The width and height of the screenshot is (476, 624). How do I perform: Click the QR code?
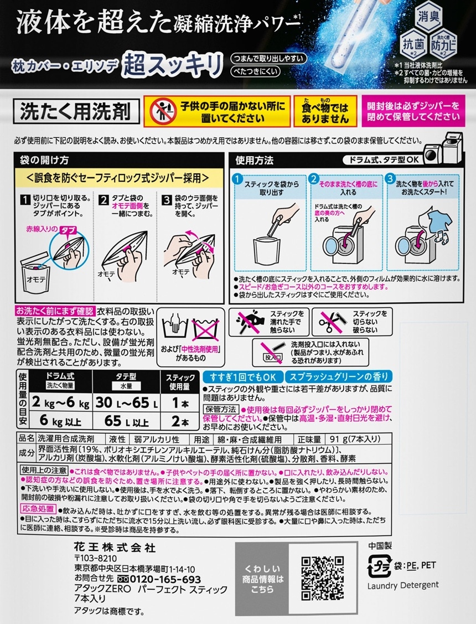point(323,578)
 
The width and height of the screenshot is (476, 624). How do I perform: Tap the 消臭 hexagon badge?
point(429,17)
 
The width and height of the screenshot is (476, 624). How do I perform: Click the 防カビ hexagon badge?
point(444,44)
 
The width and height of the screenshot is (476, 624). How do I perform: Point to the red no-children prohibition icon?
point(163,111)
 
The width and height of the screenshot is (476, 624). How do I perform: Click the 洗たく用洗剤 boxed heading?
point(76,111)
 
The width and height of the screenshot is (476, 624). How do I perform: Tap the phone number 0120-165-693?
point(159,579)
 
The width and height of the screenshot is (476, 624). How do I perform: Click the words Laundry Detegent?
point(403,585)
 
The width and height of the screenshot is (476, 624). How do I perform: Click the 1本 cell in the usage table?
point(180,403)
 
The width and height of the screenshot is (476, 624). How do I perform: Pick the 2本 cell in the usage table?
point(180,421)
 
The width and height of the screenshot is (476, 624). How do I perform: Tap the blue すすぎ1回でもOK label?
point(243,377)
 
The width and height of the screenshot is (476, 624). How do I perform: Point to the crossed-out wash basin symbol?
point(205,331)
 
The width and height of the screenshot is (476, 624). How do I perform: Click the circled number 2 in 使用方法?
point(313,179)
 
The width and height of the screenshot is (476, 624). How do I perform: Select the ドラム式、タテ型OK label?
point(384,159)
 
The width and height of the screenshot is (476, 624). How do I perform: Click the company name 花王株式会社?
point(115,548)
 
